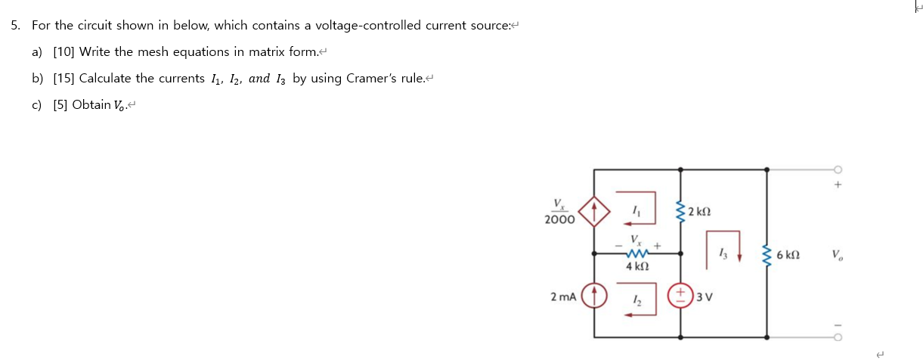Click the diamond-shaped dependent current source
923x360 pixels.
(x=595, y=213)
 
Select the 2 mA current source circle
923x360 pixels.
(x=595, y=296)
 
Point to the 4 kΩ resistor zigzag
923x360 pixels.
(x=636, y=254)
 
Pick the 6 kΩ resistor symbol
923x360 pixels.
(x=767, y=255)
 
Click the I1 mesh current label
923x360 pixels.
(x=636, y=213)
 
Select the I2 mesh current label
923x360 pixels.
(x=636, y=299)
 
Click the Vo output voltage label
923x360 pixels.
(x=835, y=255)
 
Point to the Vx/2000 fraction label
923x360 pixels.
(x=559, y=212)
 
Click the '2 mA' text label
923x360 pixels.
(x=563, y=296)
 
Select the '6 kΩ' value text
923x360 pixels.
(x=789, y=256)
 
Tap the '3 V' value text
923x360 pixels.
(x=704, y=296)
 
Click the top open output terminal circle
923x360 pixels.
(x=836, y=169)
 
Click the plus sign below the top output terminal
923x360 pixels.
(x=837, y=184)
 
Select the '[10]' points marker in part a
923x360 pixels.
(x=63, y=52)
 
